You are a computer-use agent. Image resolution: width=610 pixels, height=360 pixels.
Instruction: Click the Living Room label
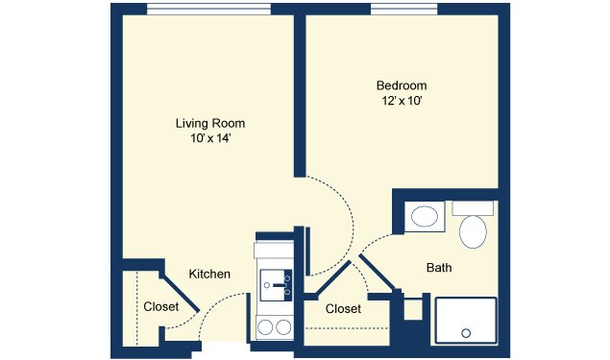click(210, 123)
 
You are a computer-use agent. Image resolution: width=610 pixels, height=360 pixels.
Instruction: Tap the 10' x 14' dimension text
click(210, 138)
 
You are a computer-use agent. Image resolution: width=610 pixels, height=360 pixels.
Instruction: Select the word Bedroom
click(402, 85)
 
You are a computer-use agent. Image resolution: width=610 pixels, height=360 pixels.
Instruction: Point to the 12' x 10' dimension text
click(402, 101)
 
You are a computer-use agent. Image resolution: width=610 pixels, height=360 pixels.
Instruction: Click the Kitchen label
click(209, 275)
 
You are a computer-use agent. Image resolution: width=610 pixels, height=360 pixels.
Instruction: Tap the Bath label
click(439, 268)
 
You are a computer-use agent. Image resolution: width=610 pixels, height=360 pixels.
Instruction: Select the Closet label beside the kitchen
click(161, 307)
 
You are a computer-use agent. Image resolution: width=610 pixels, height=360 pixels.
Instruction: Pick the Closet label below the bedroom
click(343, 309)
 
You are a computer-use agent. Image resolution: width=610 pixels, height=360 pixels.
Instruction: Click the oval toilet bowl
click(473, 231)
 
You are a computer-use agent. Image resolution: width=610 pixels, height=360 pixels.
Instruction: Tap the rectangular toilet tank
click(473, 208)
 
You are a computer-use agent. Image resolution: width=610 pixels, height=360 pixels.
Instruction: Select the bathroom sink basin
click(425, 217)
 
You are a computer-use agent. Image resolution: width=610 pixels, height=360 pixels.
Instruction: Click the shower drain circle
click(466, 333)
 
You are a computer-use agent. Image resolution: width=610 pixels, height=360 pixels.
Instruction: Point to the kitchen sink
click(276, 285)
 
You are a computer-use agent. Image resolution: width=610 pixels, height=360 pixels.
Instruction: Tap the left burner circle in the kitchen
click(265, 327)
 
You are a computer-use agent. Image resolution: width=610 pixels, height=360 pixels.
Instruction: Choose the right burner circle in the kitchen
click(283, 327)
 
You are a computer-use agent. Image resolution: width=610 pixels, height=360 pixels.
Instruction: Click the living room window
click(208, 10)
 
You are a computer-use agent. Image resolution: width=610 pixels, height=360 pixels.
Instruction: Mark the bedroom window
click(403, 10)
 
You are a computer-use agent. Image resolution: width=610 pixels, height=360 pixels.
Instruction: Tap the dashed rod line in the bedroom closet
click(347, 328)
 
